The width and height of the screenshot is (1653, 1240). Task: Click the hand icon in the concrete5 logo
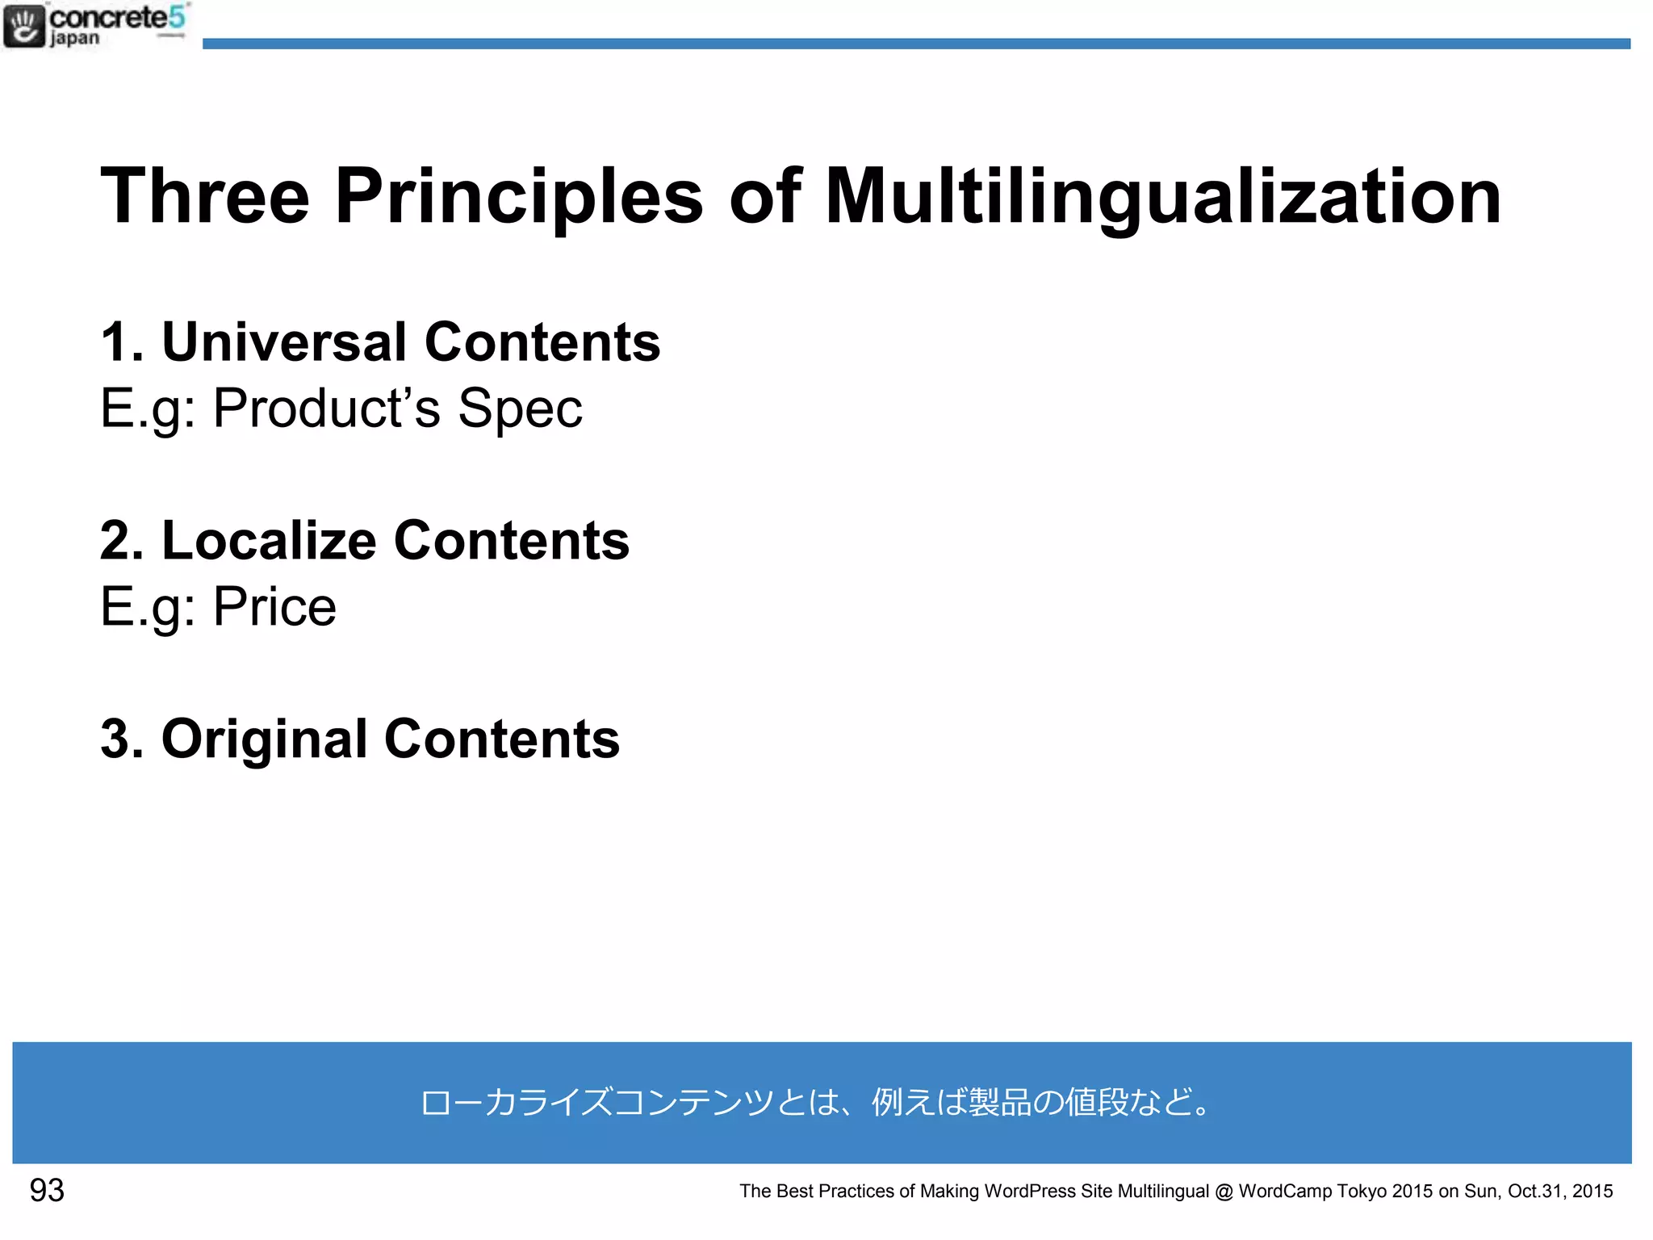pos(24,26)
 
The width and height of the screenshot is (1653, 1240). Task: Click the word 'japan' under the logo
pos(75,38)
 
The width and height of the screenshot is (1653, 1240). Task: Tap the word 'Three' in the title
pos(205,196)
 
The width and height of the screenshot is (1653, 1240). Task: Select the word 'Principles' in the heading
pos(519,196)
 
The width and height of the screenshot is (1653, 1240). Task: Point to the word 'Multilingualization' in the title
pos(1162,196)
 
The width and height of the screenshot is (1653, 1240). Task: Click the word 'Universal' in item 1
pos(284,342)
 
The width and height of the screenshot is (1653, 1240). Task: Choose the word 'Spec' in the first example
pos(520,408)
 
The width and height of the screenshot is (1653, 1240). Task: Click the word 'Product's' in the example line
pos(326,408)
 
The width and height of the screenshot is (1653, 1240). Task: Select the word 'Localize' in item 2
pos(269,540)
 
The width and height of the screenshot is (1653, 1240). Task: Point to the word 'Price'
pos(274,607)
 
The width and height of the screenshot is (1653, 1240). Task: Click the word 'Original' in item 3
pos(265,739)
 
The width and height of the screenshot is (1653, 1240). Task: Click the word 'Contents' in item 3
pos(502,739)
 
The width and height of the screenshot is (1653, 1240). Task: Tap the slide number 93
pos(47,1191)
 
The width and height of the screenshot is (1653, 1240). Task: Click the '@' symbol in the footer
pos(1224,1192)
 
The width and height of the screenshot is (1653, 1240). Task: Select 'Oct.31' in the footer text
pos(1536,1192)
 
